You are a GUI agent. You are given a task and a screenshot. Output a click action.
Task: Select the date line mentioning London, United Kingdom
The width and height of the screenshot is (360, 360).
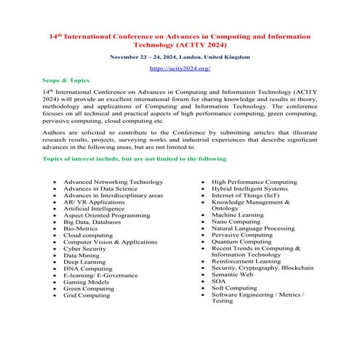180,56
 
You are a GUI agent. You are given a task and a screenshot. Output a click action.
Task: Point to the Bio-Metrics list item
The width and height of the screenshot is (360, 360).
80,228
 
